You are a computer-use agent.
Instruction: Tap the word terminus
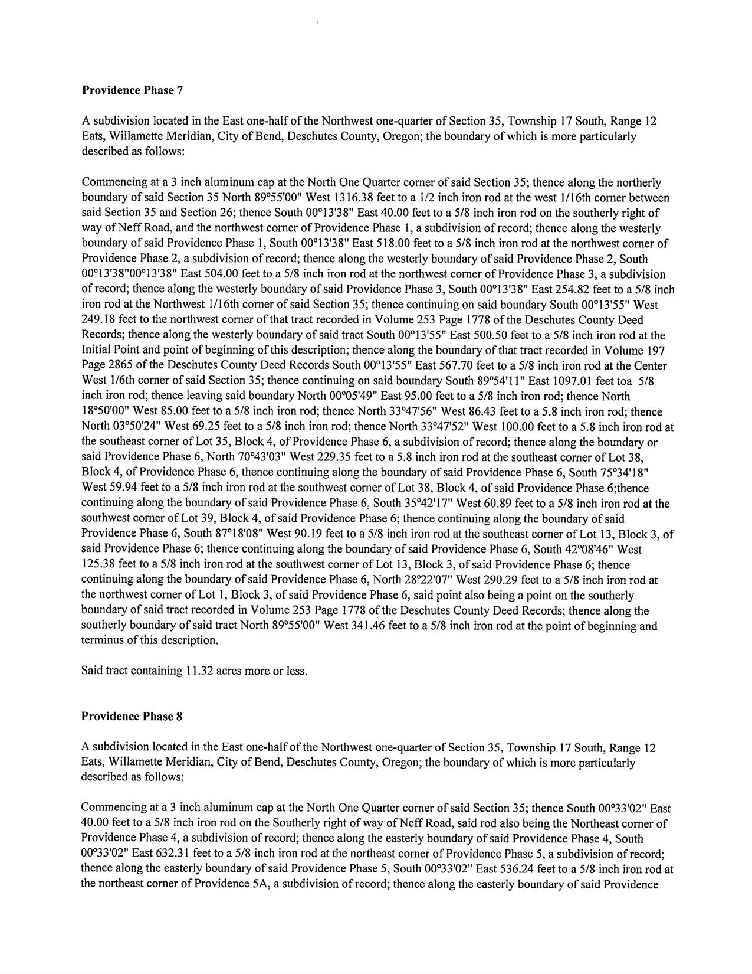(x=101, y=640)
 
